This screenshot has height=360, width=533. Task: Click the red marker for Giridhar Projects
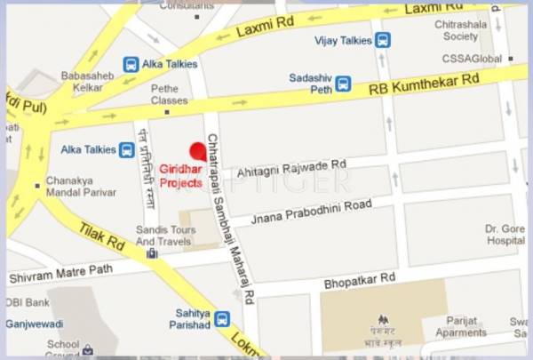(x=198, y=149)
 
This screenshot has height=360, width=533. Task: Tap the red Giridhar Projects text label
(x=180, y=175)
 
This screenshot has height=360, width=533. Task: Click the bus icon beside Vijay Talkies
(x=383, y=40)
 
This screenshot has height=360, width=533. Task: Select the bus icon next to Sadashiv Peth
(x=343, y=84)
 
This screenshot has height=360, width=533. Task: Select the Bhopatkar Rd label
(x=361, y=278)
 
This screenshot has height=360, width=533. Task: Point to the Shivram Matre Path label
(x=57, y=276)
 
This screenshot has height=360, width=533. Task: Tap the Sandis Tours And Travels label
(x=163, y=235)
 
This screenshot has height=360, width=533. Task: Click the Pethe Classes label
(x=170, y=94)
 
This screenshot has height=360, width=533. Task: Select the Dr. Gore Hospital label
(x=505, y=234)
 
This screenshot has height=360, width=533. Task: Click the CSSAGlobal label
(x=473, y=59)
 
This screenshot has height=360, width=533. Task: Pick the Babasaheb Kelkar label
(x=85, y=82)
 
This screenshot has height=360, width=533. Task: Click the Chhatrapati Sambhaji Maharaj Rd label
(x=228, y=218)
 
